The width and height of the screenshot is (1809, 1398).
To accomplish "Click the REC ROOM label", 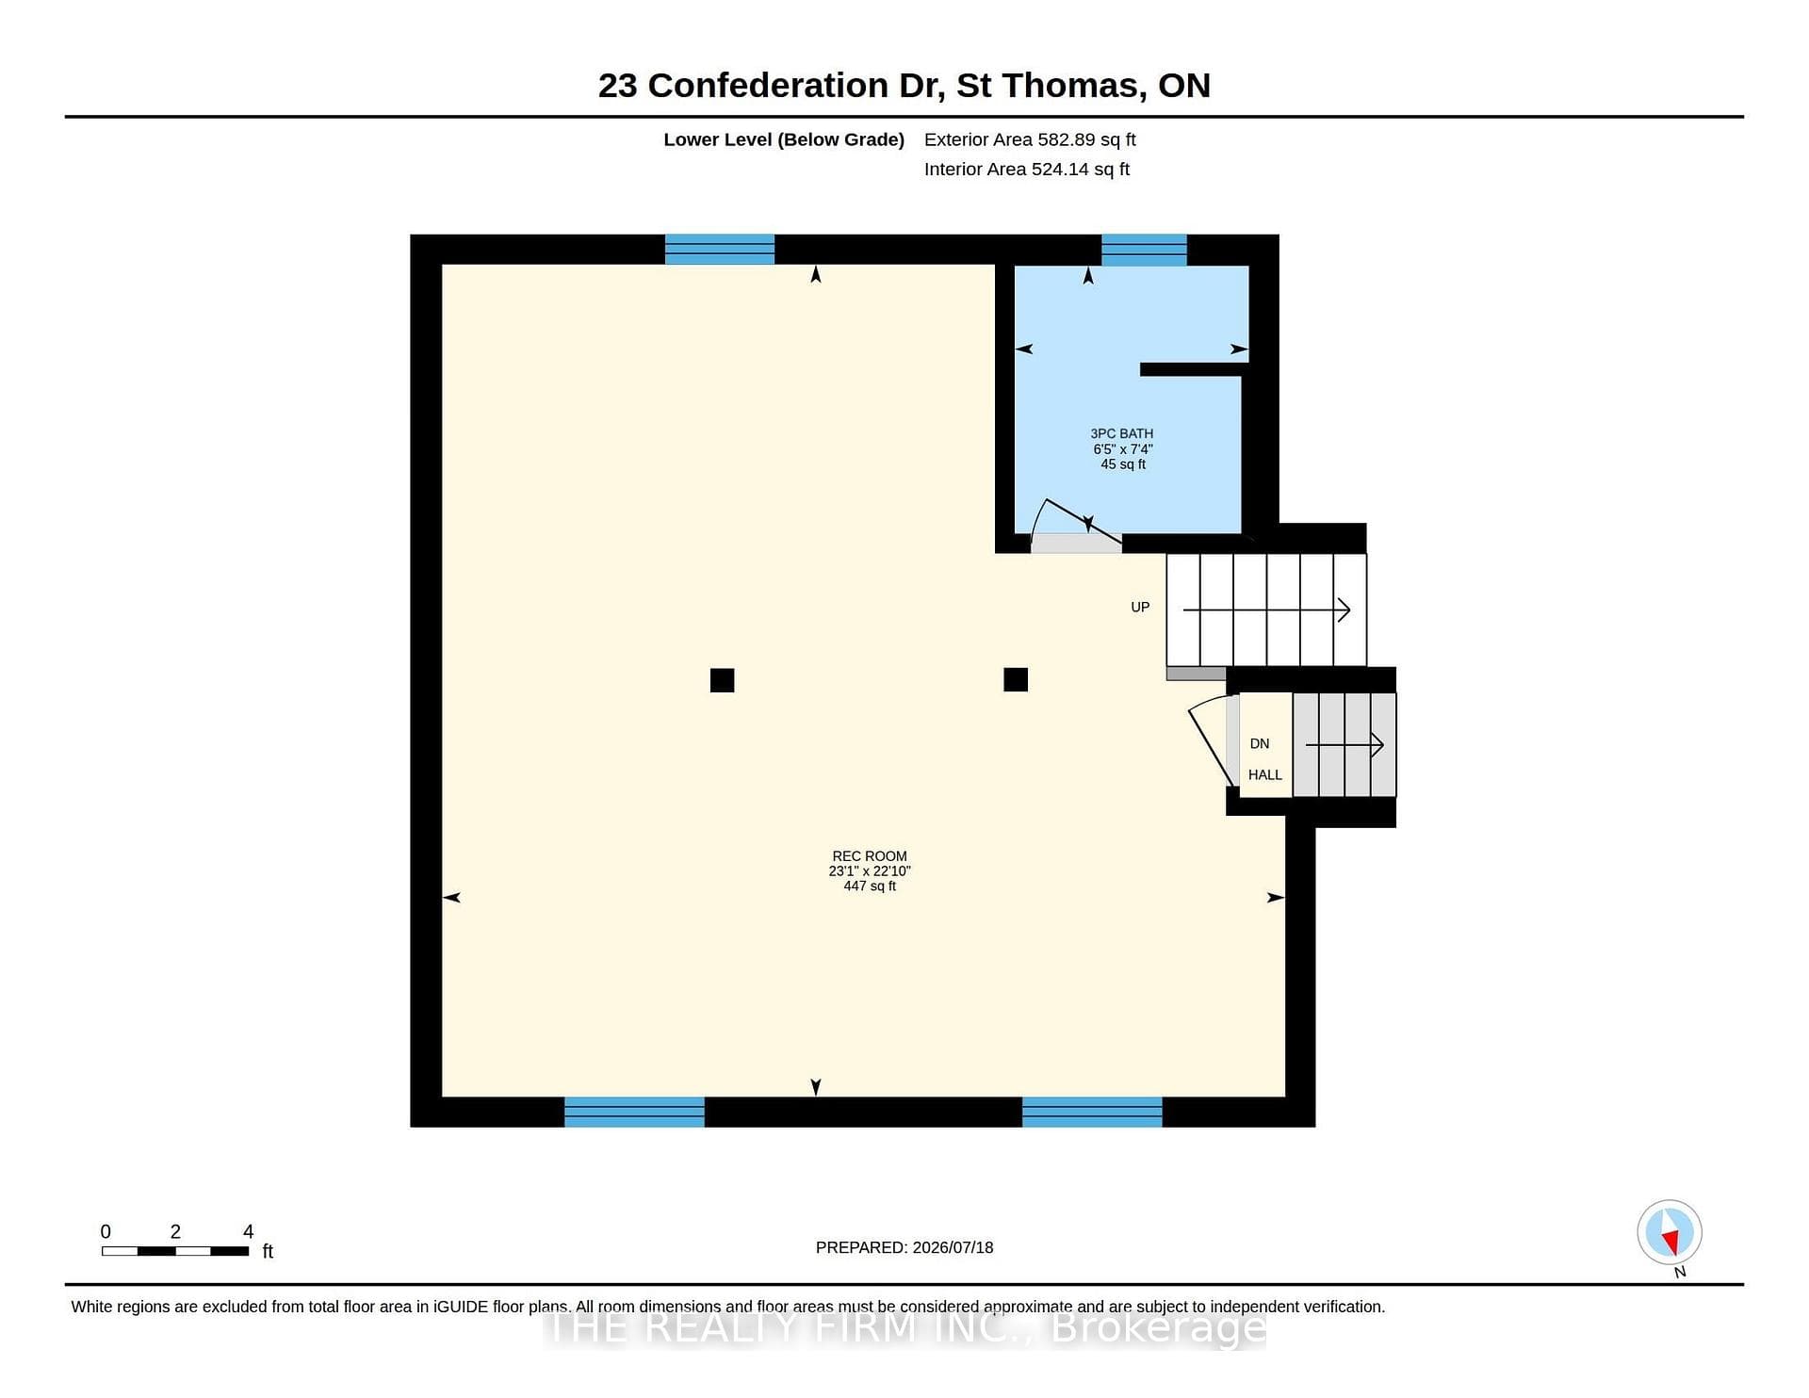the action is (870, 856).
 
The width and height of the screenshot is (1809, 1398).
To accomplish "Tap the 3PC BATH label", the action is (1121, 433).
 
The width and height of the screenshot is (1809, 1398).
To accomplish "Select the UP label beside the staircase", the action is (1140, 608).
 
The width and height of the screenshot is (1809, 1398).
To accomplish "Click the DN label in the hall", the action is (1260, 744).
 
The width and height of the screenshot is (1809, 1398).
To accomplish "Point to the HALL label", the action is (1265, 775).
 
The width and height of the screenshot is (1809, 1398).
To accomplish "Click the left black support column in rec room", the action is (722, 680).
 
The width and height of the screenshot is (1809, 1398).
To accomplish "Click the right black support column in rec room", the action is (1016, 679).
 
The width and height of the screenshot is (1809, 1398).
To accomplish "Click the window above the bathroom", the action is (1144, 250).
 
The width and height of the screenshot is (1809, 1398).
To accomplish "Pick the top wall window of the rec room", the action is (720, 250).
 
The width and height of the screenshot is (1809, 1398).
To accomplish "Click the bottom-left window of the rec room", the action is (634, 1112).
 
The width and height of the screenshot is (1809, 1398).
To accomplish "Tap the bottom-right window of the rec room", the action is (1092, 1112).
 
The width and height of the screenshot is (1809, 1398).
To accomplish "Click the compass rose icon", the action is (1670, 1232).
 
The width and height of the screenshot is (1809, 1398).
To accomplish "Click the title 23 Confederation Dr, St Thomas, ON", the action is (904, 86).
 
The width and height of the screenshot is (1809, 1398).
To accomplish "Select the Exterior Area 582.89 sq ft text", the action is (1030, 139).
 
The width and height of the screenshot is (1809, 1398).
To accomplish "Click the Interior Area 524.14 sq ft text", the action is (1027, 170).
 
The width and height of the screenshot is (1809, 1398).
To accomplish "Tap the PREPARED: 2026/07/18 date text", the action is (904, 1247).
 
